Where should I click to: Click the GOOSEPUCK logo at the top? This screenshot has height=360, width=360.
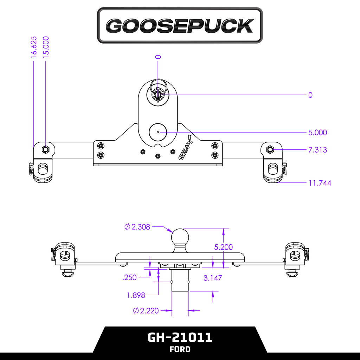coord(180,26)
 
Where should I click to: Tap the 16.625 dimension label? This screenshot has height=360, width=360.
coord(33,47)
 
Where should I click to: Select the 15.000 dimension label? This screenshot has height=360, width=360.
coord(46,47)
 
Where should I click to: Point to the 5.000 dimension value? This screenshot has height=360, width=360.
coord(317,133)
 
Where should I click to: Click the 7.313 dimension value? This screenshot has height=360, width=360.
coord(317,150)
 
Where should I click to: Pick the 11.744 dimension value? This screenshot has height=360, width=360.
coord(320,183)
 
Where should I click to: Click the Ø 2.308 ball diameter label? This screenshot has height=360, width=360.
coord(137,227)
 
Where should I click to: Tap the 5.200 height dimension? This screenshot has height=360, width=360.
coord(223,247)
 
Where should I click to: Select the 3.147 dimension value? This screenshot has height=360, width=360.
coord(213,278)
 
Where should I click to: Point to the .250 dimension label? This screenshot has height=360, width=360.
coord(129,278)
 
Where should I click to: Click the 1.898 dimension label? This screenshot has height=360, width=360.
coord(136,295)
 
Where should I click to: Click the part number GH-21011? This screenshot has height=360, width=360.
coord(180,337)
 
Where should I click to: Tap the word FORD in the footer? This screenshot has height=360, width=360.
coord(180,349)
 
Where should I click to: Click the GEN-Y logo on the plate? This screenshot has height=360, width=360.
coord(186,147)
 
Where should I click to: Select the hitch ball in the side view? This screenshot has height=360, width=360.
coord(180,237)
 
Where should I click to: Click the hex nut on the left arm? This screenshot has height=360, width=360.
coord(45,149)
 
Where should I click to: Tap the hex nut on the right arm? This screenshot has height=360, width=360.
coord(270,149)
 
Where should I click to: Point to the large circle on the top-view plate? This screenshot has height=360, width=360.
coord(158,132)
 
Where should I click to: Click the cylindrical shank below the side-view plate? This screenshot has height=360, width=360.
coord(180,281)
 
